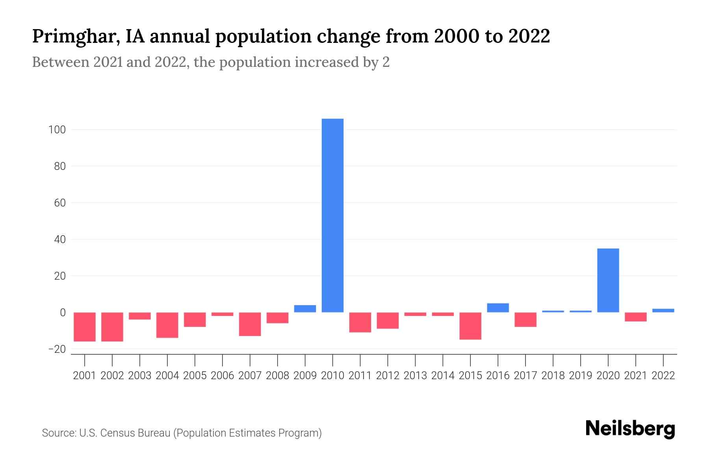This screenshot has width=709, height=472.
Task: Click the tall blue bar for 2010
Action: pos(332,216)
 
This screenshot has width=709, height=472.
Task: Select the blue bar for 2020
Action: pos(608,280)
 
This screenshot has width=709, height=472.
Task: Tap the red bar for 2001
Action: pos(85,327)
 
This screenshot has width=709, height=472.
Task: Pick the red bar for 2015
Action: pos(470,326)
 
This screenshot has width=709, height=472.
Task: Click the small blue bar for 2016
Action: pos(498,308)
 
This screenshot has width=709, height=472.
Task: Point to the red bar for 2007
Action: pos(250,324)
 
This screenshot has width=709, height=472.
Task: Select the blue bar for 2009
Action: pos(305,309)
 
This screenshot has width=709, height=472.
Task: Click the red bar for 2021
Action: pos(635,317)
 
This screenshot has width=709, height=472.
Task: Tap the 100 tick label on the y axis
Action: pos(57,130)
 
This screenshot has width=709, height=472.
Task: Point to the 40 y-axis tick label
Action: pos(59,240)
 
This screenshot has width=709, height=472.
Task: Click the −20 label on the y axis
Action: pos(57,349)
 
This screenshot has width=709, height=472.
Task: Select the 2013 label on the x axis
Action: pos(415,376)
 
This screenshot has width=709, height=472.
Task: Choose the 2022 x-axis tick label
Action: pos(663,376)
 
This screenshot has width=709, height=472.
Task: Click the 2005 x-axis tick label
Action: pos(195,376)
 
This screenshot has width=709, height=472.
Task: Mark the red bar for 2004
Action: pos(167,325)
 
